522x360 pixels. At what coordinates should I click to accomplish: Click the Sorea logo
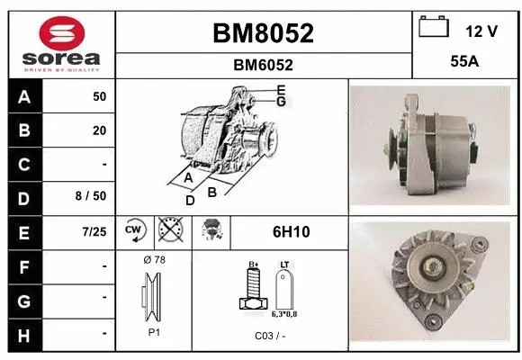(60, 42)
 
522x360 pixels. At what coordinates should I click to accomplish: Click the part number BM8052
(263, 33)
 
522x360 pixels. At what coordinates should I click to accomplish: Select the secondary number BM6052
(263, 65)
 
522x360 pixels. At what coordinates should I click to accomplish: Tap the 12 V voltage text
(481, 31)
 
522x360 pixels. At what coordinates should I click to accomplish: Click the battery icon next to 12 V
(434, 28)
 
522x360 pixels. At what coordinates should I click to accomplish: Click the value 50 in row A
(99, 96)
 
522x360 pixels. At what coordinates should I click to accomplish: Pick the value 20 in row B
(99, 130)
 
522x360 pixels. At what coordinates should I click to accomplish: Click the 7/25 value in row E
(94, 231)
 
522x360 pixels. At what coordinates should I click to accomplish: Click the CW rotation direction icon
(134, 231)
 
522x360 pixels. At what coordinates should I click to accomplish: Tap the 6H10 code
(291, 232)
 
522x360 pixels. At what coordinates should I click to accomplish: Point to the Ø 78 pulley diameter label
(154, 260)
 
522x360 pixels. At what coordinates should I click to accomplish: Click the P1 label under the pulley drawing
(154, 331)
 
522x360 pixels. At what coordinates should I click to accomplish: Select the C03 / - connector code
(270, 335)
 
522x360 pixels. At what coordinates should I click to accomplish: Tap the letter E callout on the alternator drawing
(281, 90)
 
